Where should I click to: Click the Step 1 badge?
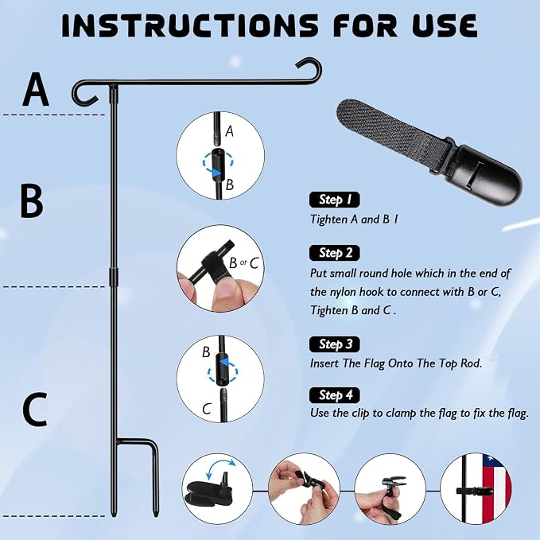(334, 200)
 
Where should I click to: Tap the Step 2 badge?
(334, 253)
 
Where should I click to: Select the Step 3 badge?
(334, 344)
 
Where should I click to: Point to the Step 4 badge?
(334, 395)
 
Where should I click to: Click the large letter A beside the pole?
(35, 90)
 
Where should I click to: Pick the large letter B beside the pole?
(32, 201)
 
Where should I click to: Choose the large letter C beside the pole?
(34, 409)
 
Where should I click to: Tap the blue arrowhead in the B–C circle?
(225, 363)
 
